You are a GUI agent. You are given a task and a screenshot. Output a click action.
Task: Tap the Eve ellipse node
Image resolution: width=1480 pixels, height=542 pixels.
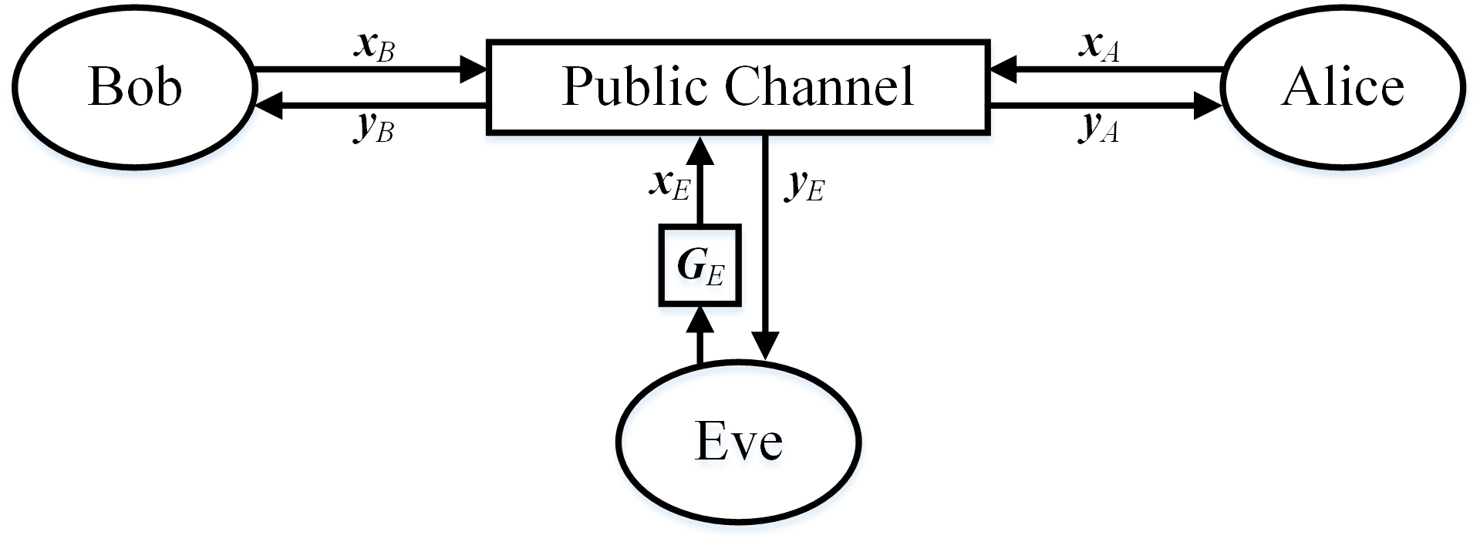pos(739,442)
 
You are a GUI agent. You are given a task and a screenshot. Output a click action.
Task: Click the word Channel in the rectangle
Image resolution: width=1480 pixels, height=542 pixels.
pos(819,86)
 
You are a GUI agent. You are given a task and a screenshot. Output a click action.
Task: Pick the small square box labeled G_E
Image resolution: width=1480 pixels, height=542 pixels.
pos(700,265)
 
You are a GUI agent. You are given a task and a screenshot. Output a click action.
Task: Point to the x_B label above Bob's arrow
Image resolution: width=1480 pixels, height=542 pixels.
pos(374,48)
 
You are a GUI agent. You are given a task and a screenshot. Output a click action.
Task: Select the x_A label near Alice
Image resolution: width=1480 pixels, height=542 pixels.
pos(1099,48)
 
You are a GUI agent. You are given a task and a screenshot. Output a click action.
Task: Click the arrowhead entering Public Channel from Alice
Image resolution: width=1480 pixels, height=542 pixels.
pos(1004,69)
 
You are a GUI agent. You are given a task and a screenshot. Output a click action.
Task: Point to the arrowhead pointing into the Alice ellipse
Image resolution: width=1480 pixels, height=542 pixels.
pos(1209,107)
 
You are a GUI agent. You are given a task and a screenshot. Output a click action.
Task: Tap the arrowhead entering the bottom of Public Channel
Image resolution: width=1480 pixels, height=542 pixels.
pos(700,148)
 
